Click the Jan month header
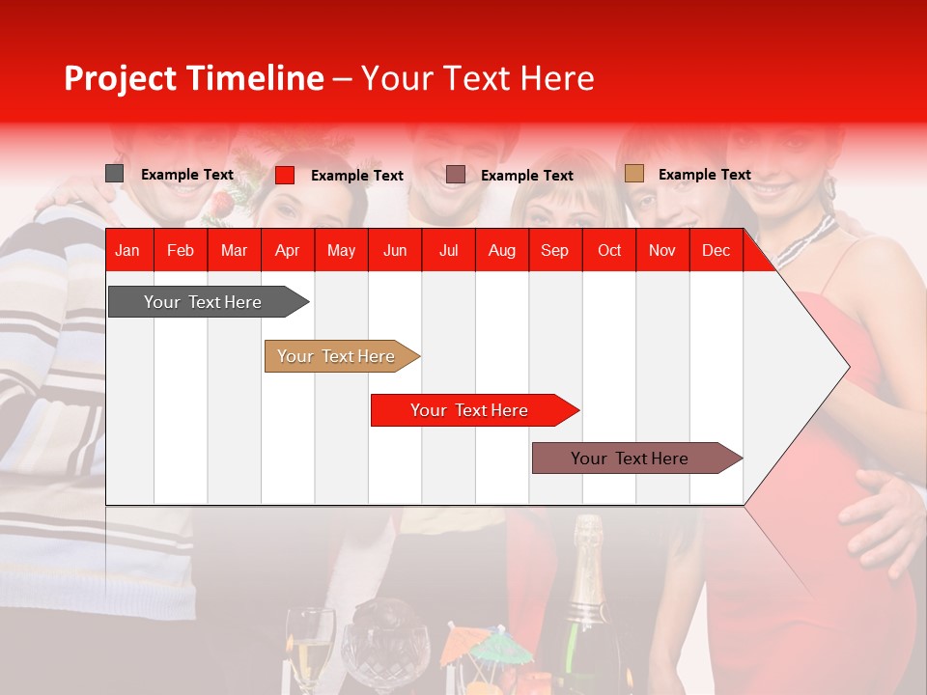click(127, 250)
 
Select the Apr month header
click(287, 250)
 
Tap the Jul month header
click(448, 250)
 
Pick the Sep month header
click(554, 250)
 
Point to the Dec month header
click(716, 250)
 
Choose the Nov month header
click(661, 250)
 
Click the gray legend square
click(114, 174)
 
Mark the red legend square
click(284, 175)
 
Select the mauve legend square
click(456, 175)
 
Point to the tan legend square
click(633, 174)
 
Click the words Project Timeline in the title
click(193, 78)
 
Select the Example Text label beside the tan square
click(704, 175)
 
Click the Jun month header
click(394, 250)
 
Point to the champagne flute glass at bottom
click(311, 647)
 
